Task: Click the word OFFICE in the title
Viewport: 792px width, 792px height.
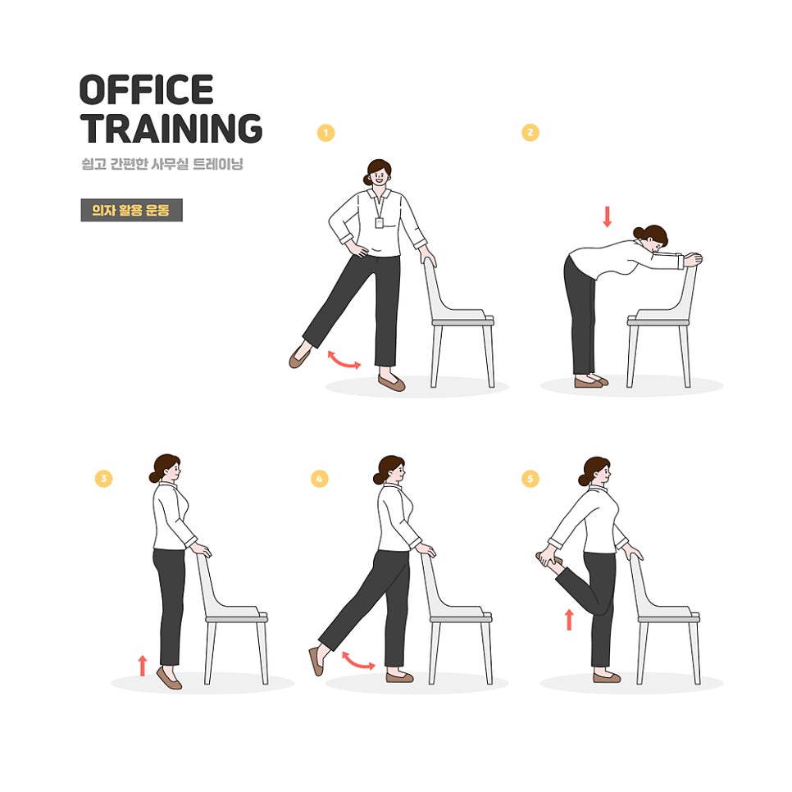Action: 147,89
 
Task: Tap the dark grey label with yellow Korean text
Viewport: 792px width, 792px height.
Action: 131,210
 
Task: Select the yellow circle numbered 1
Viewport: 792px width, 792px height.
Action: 325,133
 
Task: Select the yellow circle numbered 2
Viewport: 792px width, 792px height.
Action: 530,132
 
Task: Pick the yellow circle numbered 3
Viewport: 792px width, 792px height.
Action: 103,478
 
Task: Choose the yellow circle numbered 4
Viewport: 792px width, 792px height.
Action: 319,478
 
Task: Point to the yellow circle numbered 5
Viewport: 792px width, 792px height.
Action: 530,478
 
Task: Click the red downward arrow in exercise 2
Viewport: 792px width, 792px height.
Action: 608,216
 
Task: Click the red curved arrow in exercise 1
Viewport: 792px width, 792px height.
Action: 344,361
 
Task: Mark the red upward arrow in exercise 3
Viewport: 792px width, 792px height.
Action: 143,665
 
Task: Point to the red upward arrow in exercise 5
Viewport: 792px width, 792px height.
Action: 569,620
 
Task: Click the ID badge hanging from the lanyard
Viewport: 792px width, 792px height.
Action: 379,223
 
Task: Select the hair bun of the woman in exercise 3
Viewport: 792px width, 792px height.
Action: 154,477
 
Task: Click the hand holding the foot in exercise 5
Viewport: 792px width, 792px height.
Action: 548,558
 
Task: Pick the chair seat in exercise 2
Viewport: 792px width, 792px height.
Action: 658,318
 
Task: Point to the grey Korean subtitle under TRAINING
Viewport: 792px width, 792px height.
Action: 162,164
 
